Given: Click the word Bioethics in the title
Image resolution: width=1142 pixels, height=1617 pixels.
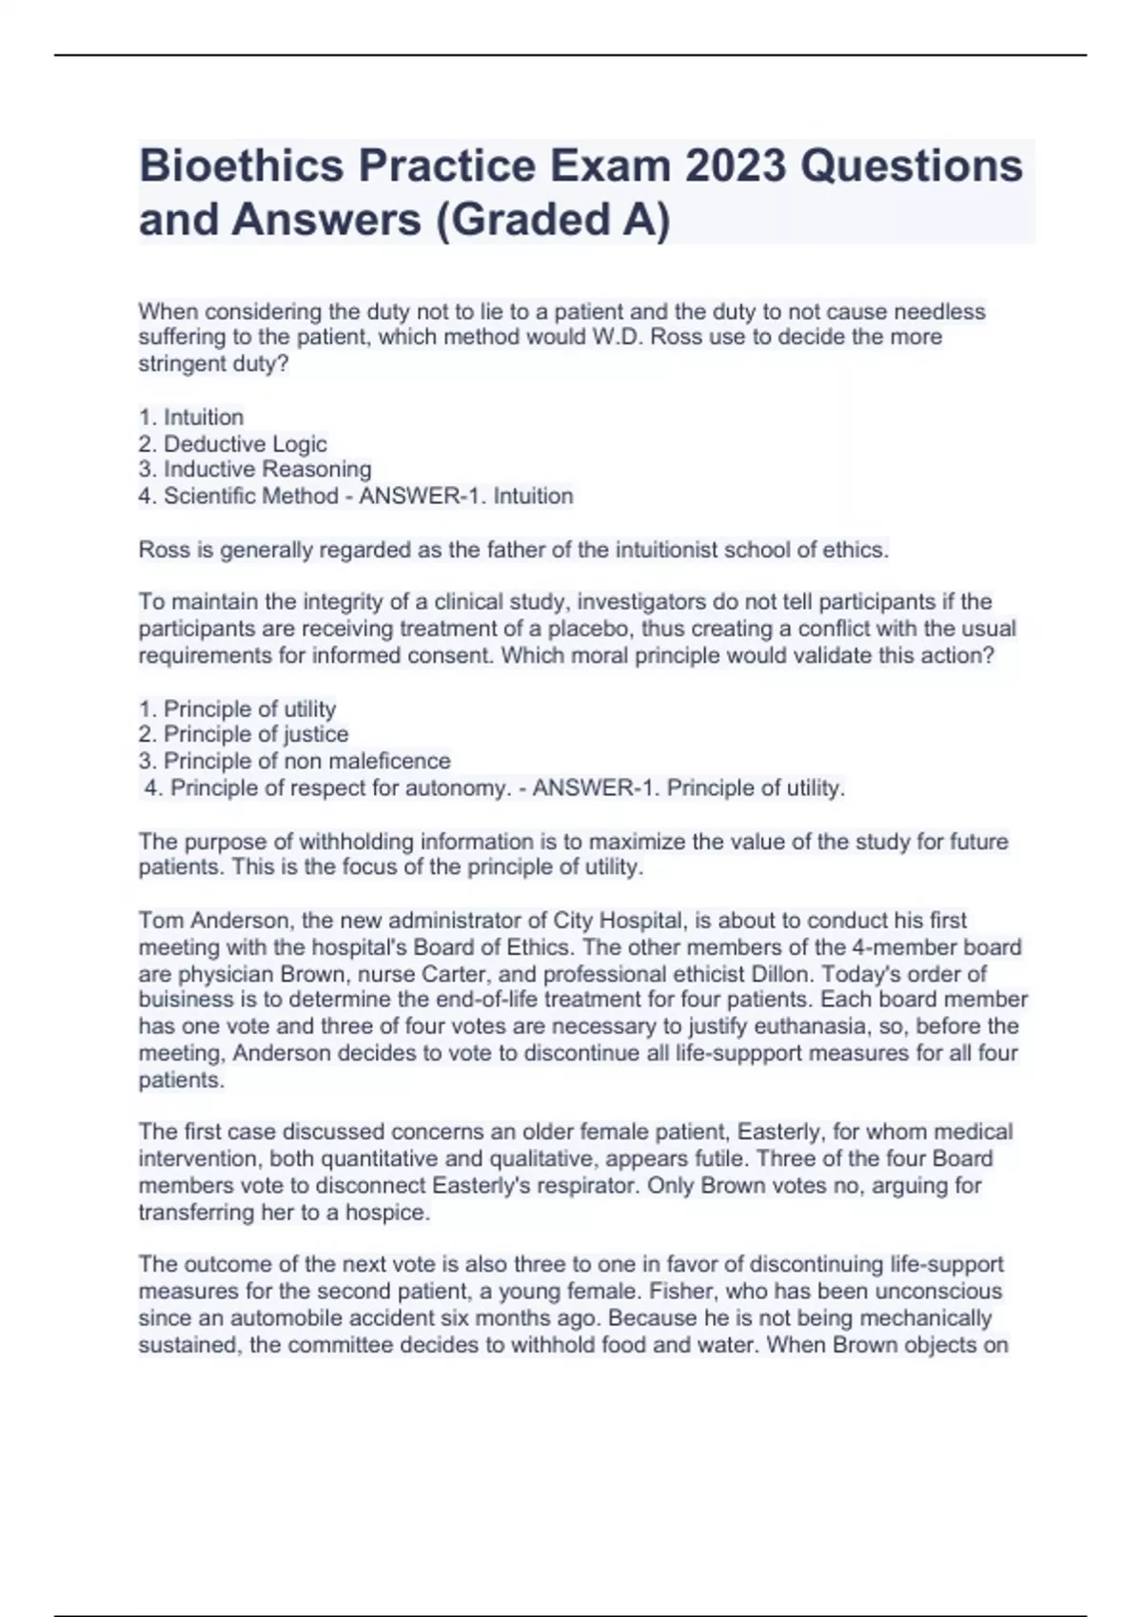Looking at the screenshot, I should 242,166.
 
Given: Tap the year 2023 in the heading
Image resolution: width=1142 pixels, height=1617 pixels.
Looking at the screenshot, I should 736,166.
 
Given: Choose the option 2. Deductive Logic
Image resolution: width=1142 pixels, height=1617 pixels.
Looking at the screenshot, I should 233,443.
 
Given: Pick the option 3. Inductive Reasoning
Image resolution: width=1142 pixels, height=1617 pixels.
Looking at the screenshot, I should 255,469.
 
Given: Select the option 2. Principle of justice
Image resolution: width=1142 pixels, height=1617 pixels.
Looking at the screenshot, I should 244,734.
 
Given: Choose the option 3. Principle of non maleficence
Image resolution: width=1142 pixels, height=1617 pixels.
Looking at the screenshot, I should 295,761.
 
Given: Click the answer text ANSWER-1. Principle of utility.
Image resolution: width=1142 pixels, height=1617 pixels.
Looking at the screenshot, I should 689,788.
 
